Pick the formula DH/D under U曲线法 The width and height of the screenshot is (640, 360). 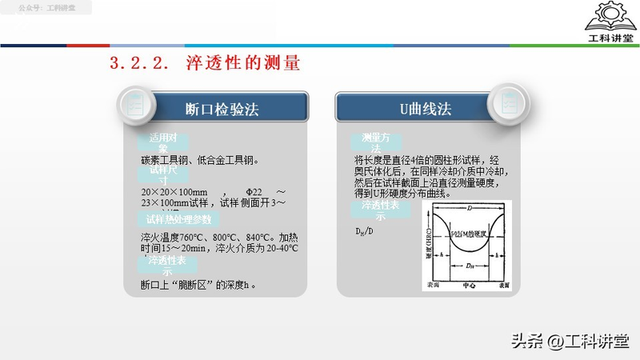click(364, 232)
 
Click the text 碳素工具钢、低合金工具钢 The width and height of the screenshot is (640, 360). click(199, 160)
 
